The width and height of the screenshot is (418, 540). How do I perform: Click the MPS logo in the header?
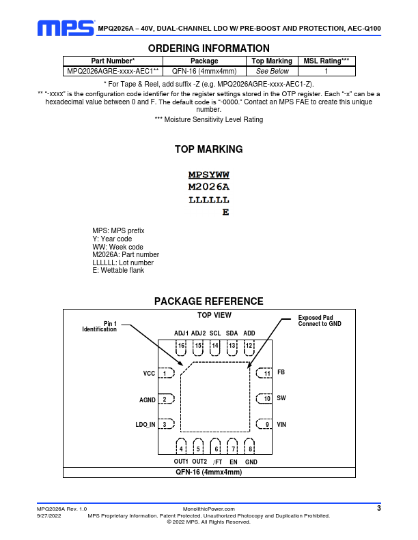tap(66, 27)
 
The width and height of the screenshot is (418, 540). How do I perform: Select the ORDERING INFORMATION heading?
tap(209, 48)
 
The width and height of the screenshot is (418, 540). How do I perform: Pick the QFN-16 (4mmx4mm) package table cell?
tap(204, 71)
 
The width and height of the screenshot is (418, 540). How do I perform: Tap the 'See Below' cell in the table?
tap(273, 71)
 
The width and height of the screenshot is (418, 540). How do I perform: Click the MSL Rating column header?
tap(326, 61)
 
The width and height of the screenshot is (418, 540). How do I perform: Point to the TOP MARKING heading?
tap(209, 149)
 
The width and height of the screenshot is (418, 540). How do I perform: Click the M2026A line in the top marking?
tap(209, 187)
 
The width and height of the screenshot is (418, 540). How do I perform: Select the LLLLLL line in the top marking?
tap(209, 200)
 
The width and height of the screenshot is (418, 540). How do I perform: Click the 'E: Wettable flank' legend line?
tap(118, 271)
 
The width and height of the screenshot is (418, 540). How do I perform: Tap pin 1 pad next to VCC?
tap(165, 374)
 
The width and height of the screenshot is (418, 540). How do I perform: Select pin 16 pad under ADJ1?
tap(181, 346)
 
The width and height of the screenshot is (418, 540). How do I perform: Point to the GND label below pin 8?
tap(251, 462)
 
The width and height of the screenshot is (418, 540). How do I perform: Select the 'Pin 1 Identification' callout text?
tap(100, 326)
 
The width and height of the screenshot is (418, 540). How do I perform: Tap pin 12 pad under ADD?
tap(249, 346)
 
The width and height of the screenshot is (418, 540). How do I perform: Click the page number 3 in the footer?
tap(379, 508)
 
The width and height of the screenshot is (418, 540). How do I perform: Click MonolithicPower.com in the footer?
tap(209, 509)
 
